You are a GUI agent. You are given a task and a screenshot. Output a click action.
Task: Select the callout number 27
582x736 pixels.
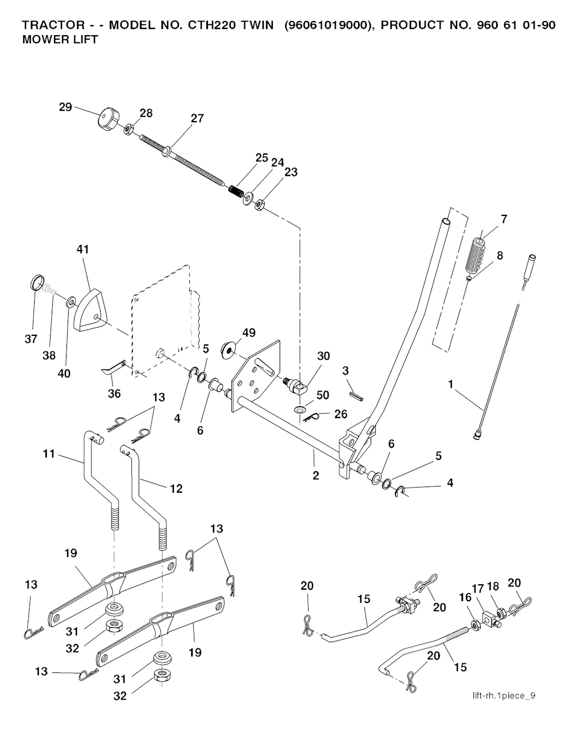pyautogui.click(x=197, y=119)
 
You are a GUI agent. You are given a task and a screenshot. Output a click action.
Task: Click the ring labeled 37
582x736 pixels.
pyautogui.click(x=36, y=282)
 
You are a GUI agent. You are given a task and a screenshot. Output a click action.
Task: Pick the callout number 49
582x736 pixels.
pyautogui.click(x=248, y=332)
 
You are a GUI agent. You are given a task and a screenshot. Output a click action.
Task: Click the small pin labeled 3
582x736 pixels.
pyautogui.click(x=356, y=393)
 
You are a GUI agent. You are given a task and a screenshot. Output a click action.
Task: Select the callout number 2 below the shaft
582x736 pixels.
pyautogui.click(x=316, y=476)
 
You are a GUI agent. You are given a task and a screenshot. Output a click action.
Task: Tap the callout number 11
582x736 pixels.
pyautogui.click(x=49, y=454)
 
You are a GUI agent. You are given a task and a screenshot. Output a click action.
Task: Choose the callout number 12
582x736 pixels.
pyautogui.click(x=176, y=488)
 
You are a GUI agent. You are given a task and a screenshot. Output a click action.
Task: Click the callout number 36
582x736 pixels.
pyautogui.click(x=114, y=393)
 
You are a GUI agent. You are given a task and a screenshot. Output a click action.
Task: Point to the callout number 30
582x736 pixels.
pyautogui.click(x=323, y=356)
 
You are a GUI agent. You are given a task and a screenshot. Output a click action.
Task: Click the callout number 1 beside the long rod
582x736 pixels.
pyautogui.click(x=451, y=385)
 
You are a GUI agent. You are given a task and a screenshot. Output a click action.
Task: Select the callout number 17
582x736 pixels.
pyautogui.click(x=477, y=589)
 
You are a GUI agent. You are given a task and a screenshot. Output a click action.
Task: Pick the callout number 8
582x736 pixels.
pyautogui.click(x=500, y=255)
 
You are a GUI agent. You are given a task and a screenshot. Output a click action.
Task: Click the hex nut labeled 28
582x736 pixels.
pyautogui.click(x=128, y=129)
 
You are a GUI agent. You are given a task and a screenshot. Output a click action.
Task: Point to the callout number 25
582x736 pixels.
pyautogui.click(x=261, y=157)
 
